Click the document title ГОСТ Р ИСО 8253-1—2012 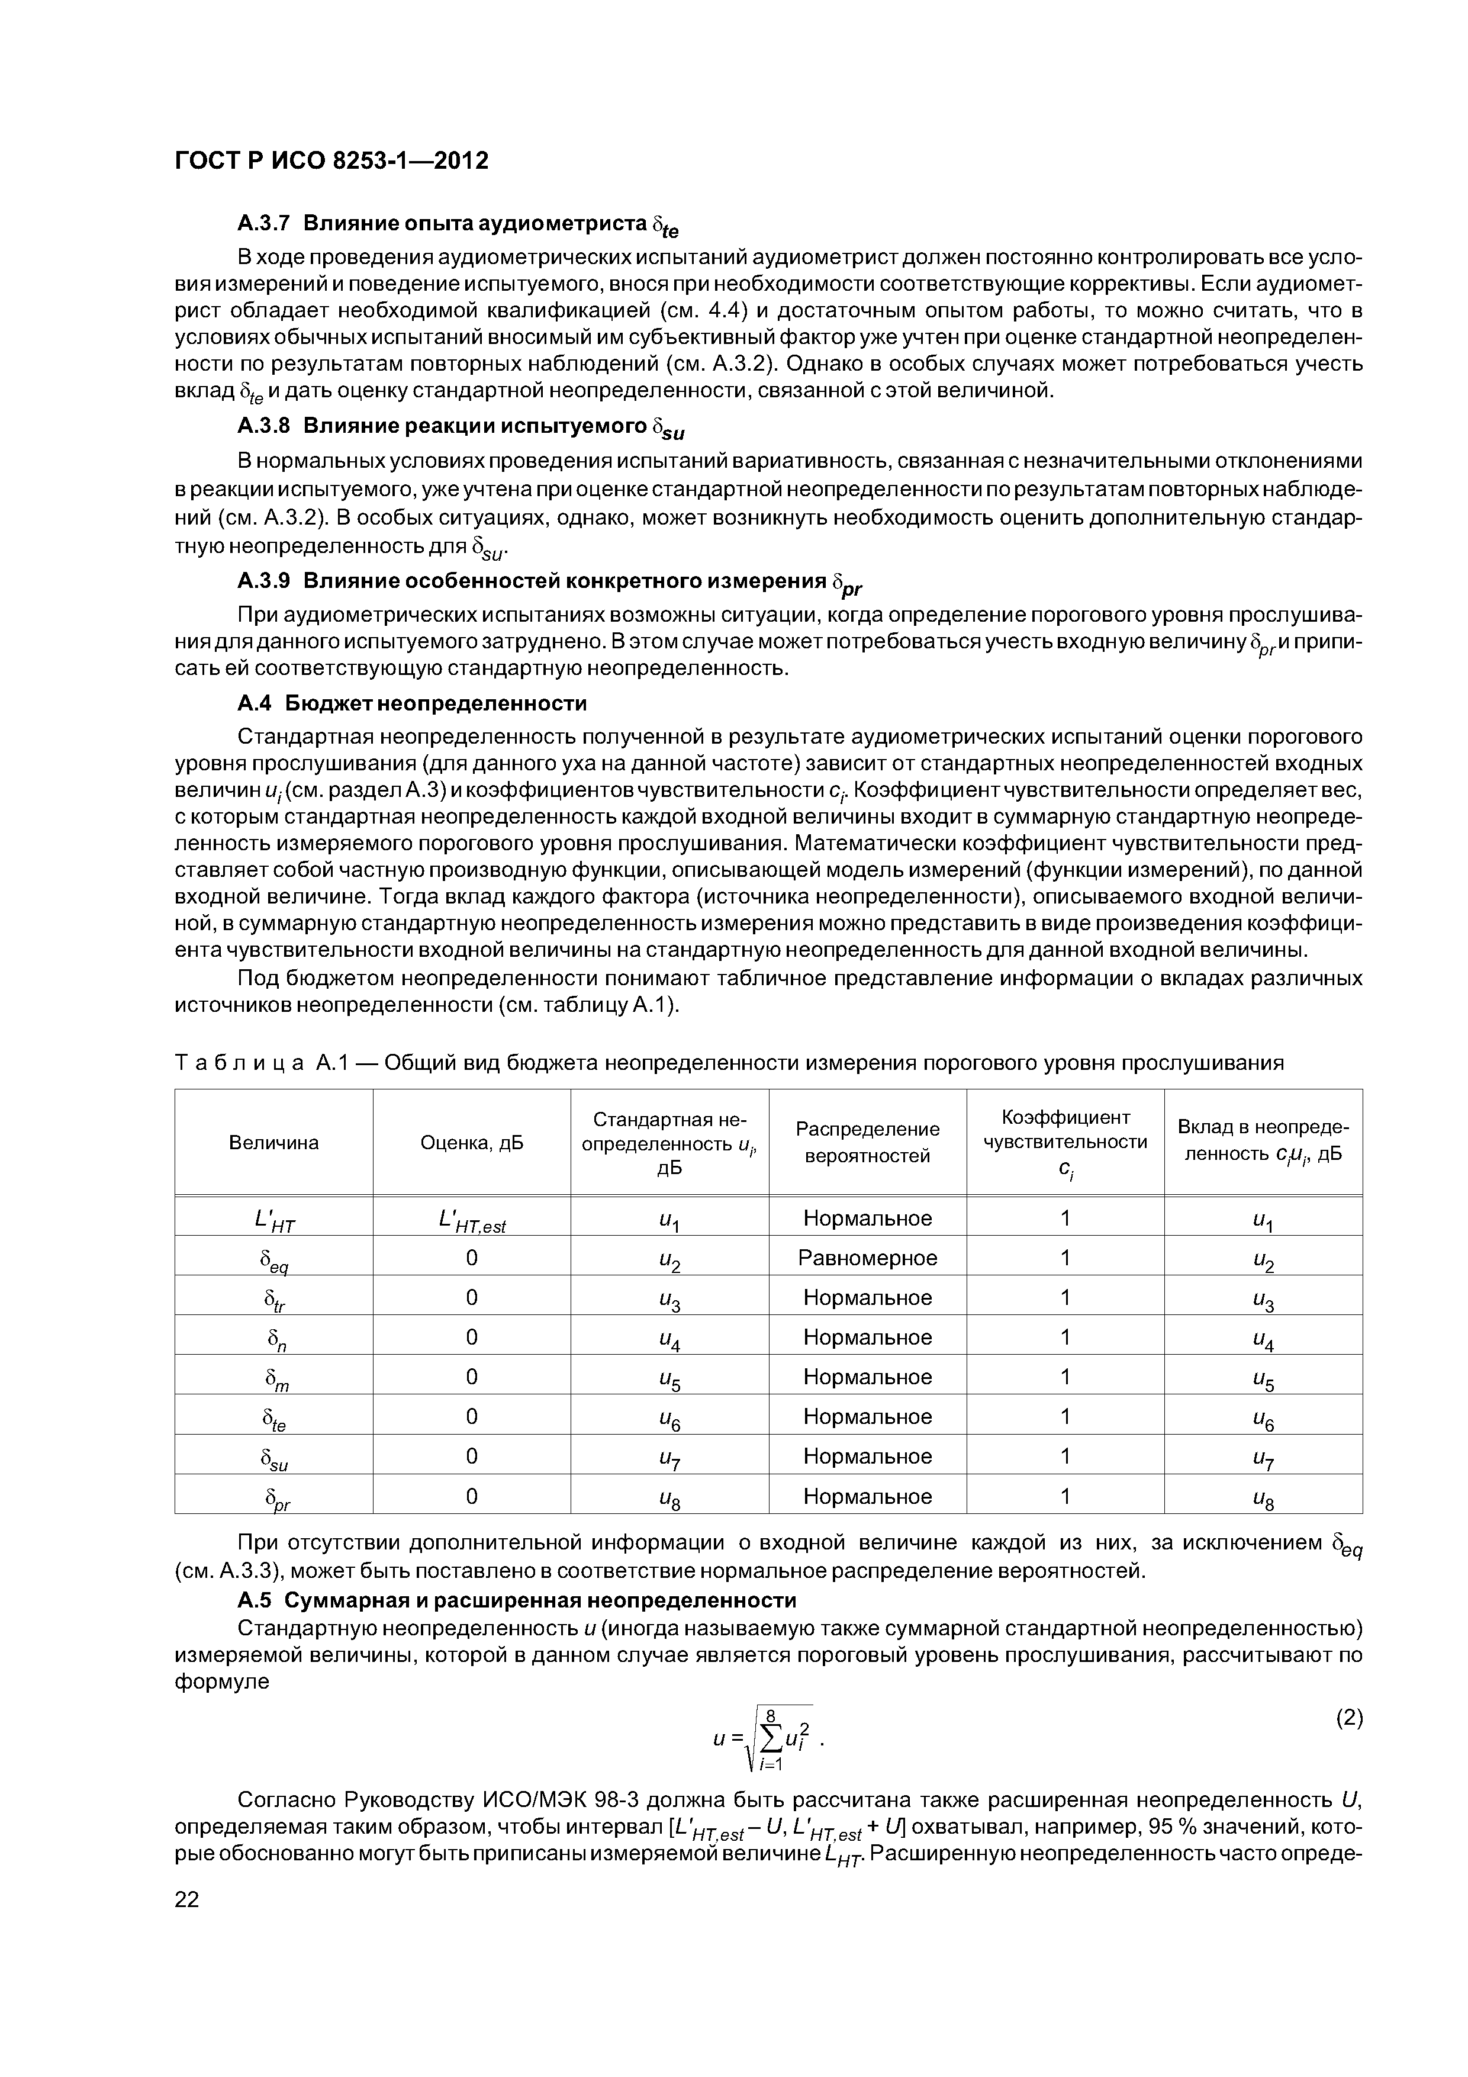331,160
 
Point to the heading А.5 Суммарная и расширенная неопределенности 517,1600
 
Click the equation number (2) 1348,1719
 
